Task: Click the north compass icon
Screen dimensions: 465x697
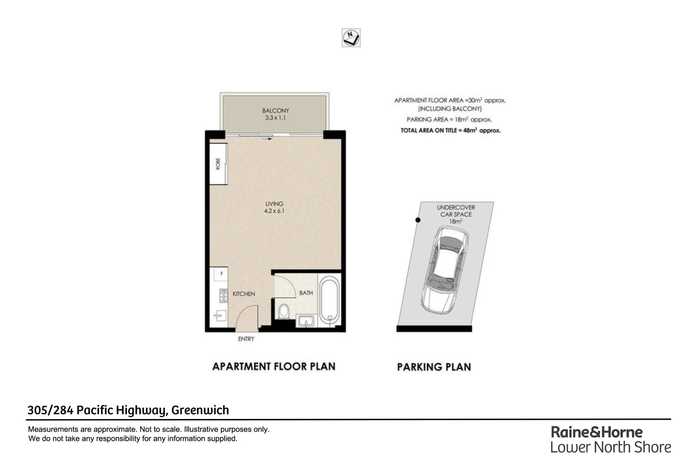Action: [351, 38]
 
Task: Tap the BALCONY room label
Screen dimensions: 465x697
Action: [275, 111]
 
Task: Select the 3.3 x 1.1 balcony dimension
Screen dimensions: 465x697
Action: [275, 118]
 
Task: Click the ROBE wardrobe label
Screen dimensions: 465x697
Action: [218, 164]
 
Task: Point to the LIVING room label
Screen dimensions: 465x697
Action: [274, 204]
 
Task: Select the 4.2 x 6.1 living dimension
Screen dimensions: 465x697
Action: [274, 211]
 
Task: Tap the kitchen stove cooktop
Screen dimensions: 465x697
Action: [223, 295]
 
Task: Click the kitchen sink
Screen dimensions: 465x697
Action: [220, 316]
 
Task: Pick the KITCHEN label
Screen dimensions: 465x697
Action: [244, 294]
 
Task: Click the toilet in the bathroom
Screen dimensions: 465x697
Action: [284, 311]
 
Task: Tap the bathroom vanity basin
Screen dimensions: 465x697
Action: [306, 321]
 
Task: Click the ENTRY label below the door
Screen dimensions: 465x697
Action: [246, 339]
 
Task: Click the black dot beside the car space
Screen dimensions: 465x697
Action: [418, 220]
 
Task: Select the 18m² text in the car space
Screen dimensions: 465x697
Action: [456, 221]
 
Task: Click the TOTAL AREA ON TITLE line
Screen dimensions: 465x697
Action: [450, 130]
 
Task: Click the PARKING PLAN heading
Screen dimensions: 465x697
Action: [434, 367]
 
